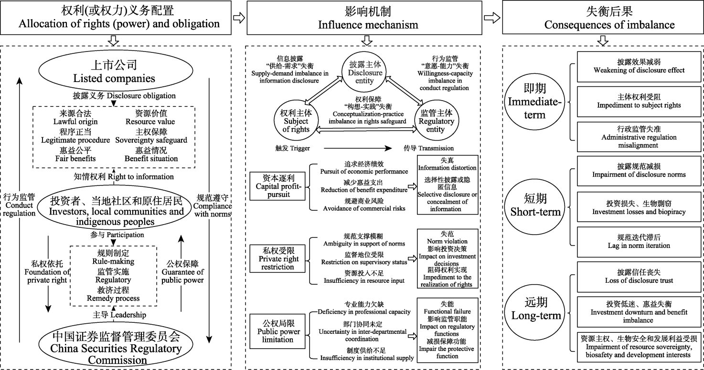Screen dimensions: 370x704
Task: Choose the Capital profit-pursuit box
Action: [x=277, y=186]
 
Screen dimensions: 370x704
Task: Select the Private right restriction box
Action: [x=277, y=259]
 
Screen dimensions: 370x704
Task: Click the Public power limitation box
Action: [x=277, y=331]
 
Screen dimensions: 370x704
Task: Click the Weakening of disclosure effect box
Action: [x=639, y=66]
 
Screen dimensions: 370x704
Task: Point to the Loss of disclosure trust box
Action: [x=639, y=277]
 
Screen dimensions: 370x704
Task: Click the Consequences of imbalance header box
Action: [x=603, y=18]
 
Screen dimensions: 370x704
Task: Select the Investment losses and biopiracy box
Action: [x=639, y=206]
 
